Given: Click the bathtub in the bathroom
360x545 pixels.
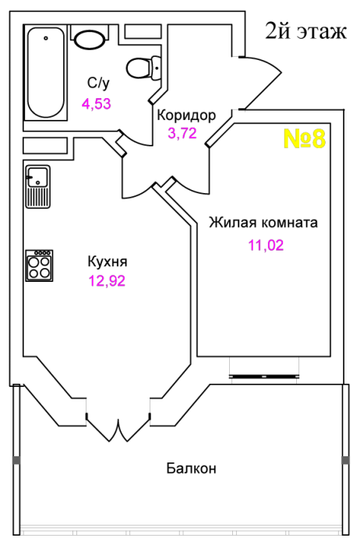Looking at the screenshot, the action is click(45, 72).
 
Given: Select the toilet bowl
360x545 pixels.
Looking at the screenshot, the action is click(143, 68).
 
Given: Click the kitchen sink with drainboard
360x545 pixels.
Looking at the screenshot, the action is click(37, 187).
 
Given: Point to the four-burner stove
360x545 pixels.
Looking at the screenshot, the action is click(39, 265).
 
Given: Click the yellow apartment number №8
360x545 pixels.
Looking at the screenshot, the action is click(305, 139).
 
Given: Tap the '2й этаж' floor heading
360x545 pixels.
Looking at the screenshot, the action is click(306, 31).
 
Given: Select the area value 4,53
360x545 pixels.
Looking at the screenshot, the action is click(97, 104).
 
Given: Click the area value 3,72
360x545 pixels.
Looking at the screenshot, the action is click(182, 133).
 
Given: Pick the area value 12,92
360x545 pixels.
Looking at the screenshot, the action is click(107, 281).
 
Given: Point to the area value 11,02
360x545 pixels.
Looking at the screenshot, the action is click(266, 245).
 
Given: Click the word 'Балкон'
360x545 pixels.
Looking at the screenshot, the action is click(192, 468).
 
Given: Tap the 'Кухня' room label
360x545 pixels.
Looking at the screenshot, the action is click(108, 262).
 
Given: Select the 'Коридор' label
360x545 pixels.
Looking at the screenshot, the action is click(186, 115).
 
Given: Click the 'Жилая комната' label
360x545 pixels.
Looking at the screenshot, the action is click(263, 223).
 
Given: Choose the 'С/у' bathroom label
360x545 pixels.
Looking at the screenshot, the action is click(98, 83).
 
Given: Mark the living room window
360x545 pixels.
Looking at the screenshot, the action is click(264, 376).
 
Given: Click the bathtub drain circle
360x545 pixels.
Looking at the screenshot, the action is click(45, 38).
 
